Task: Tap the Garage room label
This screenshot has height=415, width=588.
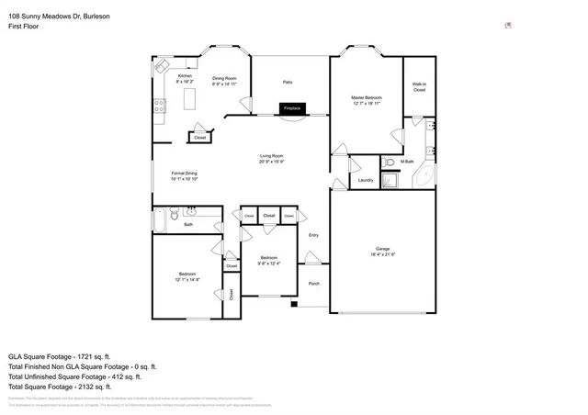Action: [383, 249]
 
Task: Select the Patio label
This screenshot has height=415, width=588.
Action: [288, 82]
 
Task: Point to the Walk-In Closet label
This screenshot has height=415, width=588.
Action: [419, 88]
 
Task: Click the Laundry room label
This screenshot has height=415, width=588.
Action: [365, 180]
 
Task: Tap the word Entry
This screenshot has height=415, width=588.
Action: [313, 235]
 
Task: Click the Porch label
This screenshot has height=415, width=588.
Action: [313, 284]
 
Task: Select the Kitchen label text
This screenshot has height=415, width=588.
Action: [185, 75]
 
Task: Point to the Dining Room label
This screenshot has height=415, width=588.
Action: [225, 78]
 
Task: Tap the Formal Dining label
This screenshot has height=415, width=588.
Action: [185, 173]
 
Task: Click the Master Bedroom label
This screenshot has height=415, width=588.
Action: [366, 97]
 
